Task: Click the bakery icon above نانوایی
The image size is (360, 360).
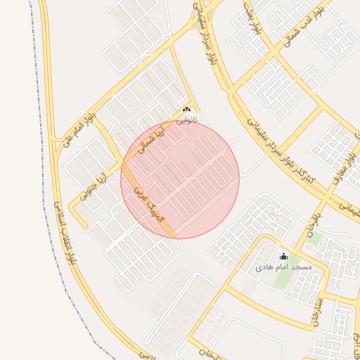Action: [187, 110]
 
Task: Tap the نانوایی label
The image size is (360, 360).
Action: [187, 120]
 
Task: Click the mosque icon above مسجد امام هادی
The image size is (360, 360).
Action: [283, 257]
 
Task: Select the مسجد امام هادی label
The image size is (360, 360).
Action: [283, 268]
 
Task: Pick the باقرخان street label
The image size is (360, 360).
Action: [313, 222]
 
